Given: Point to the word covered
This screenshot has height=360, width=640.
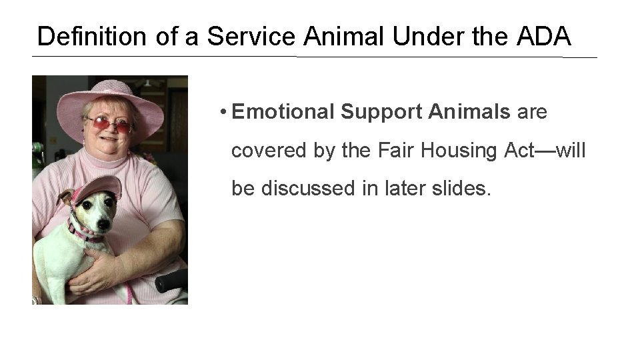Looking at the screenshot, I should (267, 151).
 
